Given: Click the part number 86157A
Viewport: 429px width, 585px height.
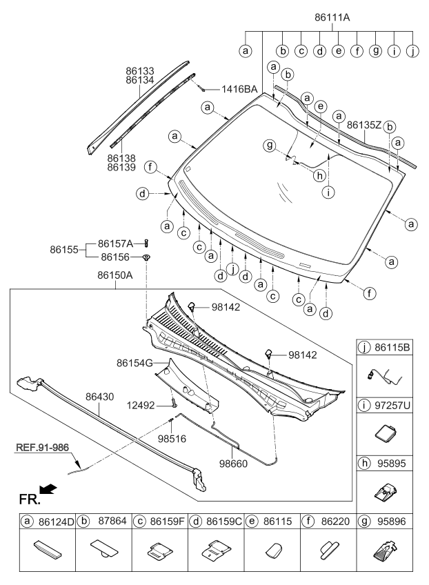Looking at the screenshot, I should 119,244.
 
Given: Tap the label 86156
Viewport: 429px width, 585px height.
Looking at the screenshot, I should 116,257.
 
